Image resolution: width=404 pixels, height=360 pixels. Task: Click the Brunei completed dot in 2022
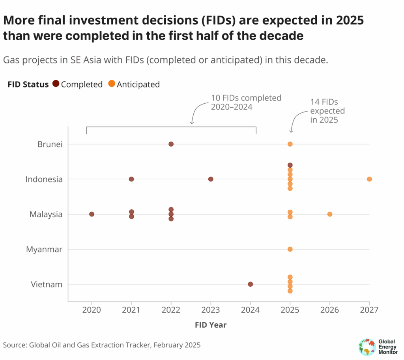pos(171,144)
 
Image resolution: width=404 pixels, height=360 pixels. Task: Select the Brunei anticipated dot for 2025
pos(290,144)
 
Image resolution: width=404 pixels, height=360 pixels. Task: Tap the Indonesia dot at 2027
pos(369,179)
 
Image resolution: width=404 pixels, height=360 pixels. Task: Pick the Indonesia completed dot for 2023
pos(211,179)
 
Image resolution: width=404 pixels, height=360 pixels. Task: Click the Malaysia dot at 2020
pos(92,214)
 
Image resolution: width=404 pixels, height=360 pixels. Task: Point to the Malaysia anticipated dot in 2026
pos(330,214)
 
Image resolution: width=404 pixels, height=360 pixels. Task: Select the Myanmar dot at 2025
pos(290,249)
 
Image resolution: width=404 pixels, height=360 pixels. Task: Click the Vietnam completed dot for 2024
pos(250,284)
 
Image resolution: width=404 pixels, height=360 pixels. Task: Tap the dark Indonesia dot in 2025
pos(290,165)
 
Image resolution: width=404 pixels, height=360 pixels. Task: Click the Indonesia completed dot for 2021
pos(131,179)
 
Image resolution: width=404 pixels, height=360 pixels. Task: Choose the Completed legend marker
pos(56,84)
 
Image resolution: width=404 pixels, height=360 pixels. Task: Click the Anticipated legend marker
pos(112,84)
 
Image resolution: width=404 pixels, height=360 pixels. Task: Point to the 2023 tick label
pos(211,310)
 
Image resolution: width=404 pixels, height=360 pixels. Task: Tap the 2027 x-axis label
pos(369,310)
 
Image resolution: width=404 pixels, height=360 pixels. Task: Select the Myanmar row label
pos(44,249)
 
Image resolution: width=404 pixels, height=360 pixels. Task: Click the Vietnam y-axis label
pos(47,284)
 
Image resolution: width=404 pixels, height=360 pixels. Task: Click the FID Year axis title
pos(211,325)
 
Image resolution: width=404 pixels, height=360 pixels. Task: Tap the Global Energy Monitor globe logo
pos(367,346)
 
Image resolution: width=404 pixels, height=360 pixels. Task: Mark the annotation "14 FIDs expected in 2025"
pos(327,111)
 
